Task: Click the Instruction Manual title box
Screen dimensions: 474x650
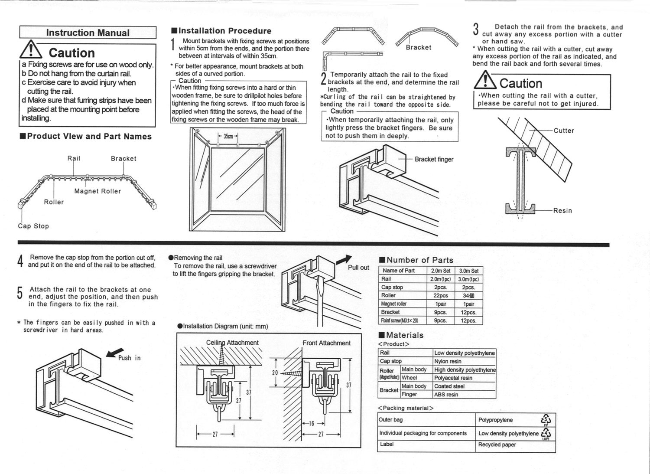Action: click(88, 33)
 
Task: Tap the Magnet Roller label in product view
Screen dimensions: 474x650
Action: click(97, 191)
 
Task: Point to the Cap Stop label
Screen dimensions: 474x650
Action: click(33, 226)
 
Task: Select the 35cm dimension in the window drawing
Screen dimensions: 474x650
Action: click(228, 136)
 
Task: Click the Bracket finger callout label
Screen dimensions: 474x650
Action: click(434, 159)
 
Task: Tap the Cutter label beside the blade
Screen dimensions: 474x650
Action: click(564, 131)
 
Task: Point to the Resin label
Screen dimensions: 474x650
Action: click(562, 211)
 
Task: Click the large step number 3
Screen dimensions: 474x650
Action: click(476, 30)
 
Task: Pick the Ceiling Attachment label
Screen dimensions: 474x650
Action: click(232, 343)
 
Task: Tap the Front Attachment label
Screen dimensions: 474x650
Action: click(326, 343)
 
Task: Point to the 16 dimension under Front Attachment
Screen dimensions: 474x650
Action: click(312, 424)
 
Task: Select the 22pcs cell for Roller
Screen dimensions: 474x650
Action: click(441, 295)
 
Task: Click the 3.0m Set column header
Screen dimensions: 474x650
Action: click(469, 271)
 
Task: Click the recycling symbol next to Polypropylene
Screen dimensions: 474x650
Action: click(546, 419)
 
